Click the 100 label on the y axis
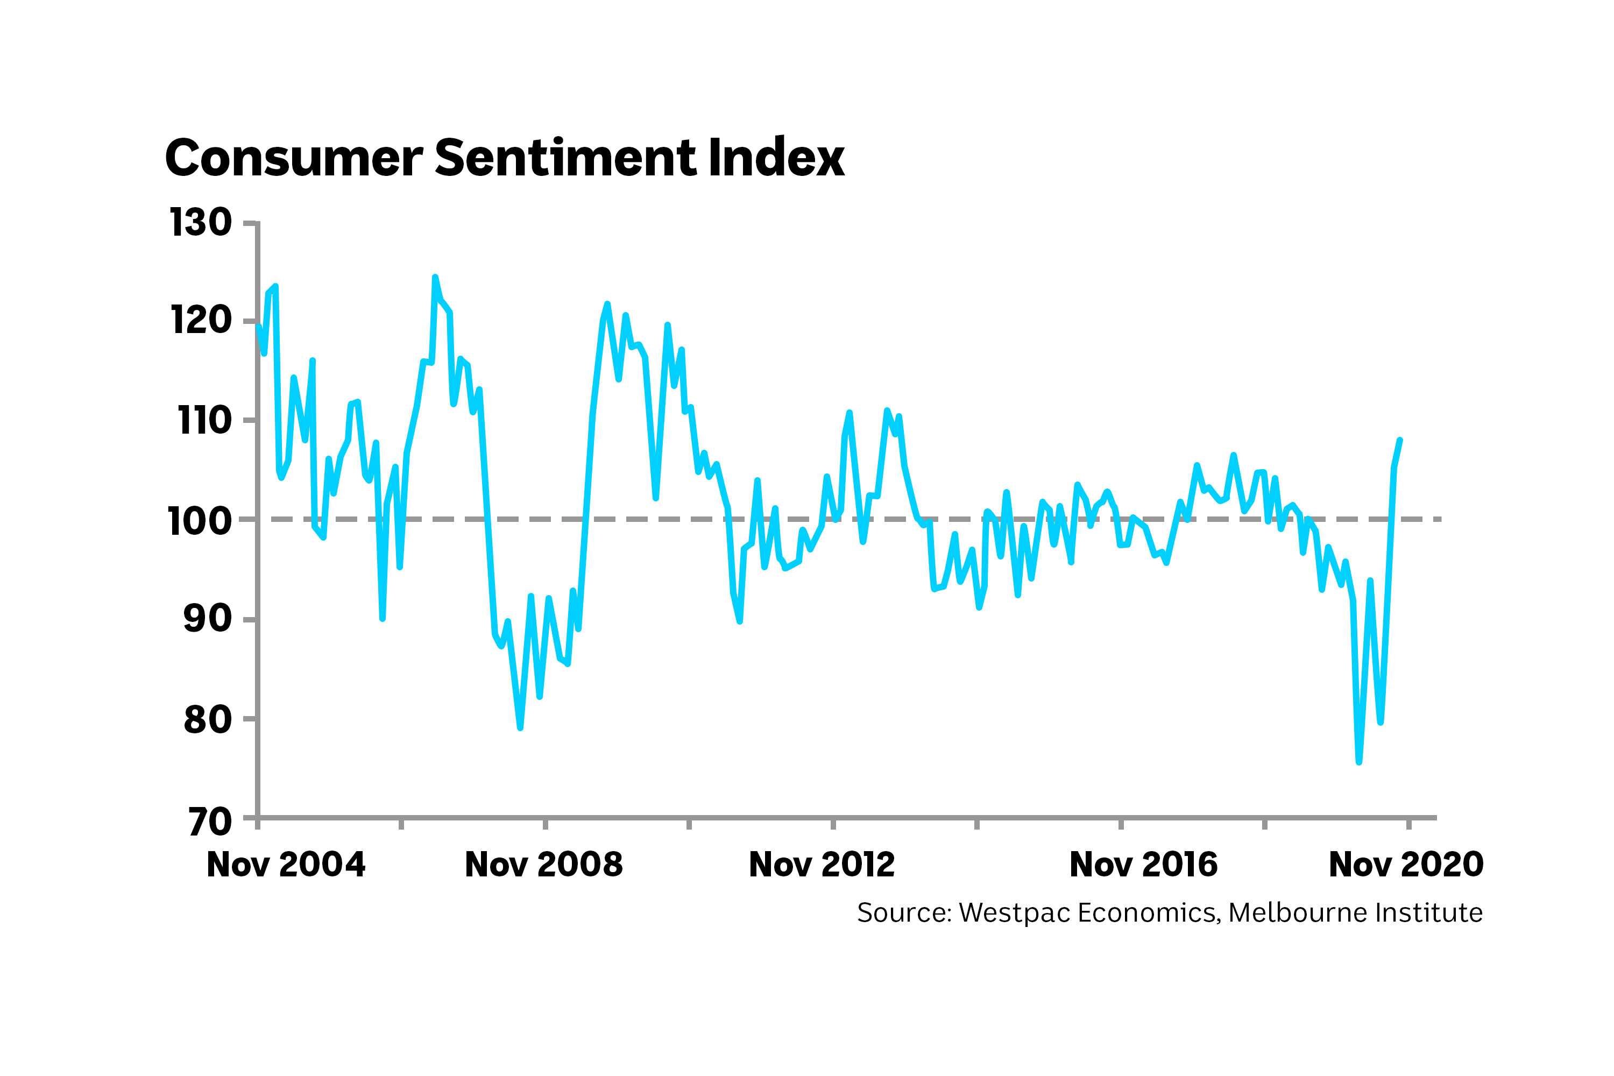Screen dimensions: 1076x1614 (x=200, y=520)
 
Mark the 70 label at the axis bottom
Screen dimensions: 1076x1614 (x=208, y=821)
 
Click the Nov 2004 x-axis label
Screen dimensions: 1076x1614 (x=286, y=864)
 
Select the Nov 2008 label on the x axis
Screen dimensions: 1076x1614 (x=543, y=864)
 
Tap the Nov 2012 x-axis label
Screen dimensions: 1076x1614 (x=822, y=864)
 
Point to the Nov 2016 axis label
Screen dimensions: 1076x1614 (x=1143, y=864)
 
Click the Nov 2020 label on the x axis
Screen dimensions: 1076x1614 (x=1406, y=864)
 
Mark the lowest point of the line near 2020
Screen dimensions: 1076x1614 (x=1359, y=762)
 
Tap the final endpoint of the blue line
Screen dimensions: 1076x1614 (x=1400, y=440)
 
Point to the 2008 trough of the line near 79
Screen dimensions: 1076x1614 (x=520, y=727)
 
